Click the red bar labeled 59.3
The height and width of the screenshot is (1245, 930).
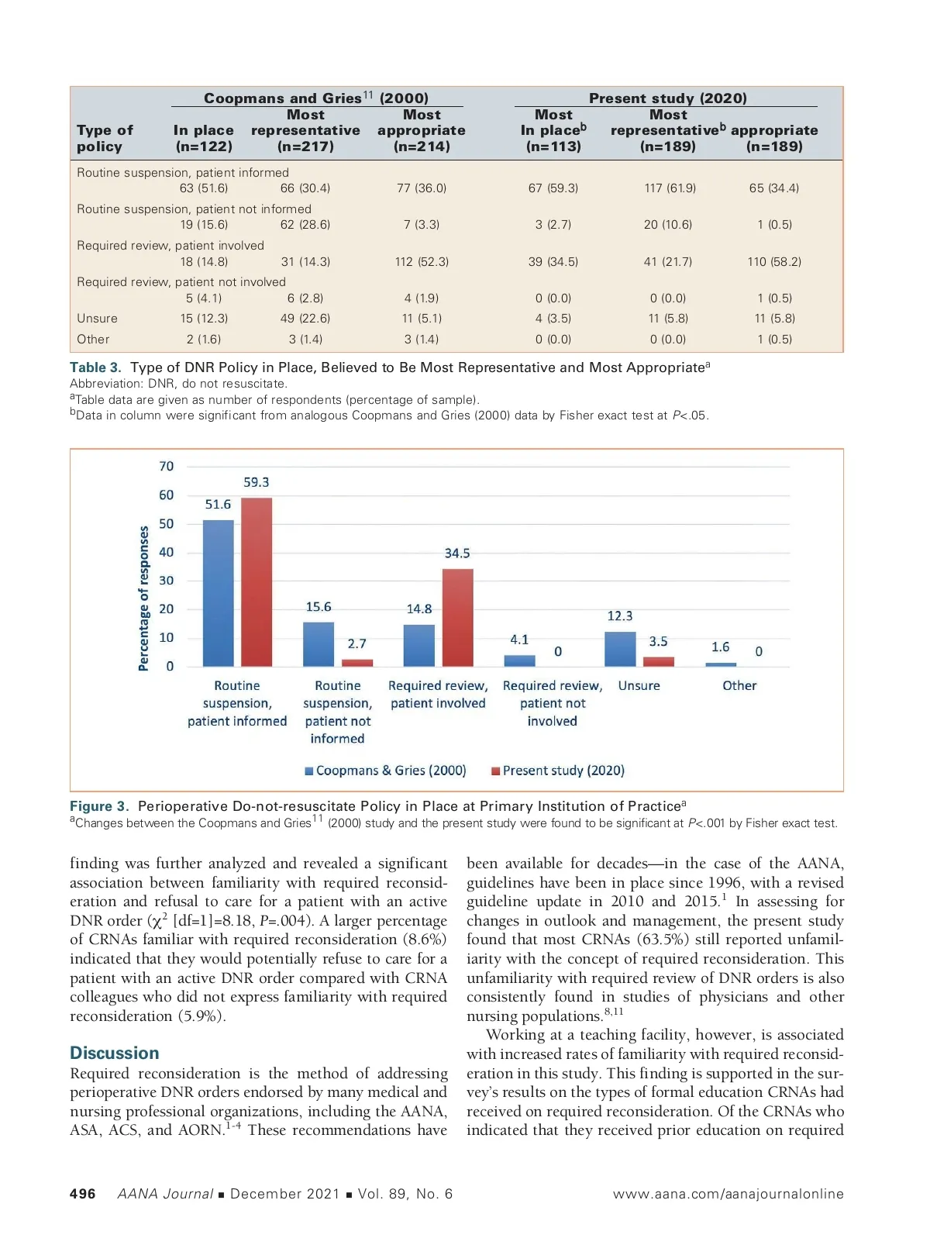[257, 581]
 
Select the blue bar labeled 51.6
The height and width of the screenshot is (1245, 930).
[218, 593]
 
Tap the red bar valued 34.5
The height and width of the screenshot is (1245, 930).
[457, 617]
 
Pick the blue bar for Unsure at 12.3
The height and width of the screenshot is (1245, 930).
[620, 649]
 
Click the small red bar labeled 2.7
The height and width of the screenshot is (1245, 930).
[357, 663]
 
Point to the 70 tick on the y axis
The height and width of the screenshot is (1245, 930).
[167, 466]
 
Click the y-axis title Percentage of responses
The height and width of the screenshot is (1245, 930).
[143, 598]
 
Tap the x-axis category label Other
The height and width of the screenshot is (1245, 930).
[739, 685]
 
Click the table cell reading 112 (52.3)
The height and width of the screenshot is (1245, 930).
[422, 262]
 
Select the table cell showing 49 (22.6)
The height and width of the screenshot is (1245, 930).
[305, 319]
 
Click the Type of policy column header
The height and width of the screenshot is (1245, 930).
[105, 138]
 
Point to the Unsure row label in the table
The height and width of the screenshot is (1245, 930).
[98, 319]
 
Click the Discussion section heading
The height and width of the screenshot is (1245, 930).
[115, 1053]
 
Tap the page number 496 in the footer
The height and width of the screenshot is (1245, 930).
[83, 1194]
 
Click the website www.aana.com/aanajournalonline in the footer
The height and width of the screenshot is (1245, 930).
[728, 1194]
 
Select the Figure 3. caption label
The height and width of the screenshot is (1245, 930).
[99, 806]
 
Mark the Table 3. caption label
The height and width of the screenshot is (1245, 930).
[95, 367]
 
